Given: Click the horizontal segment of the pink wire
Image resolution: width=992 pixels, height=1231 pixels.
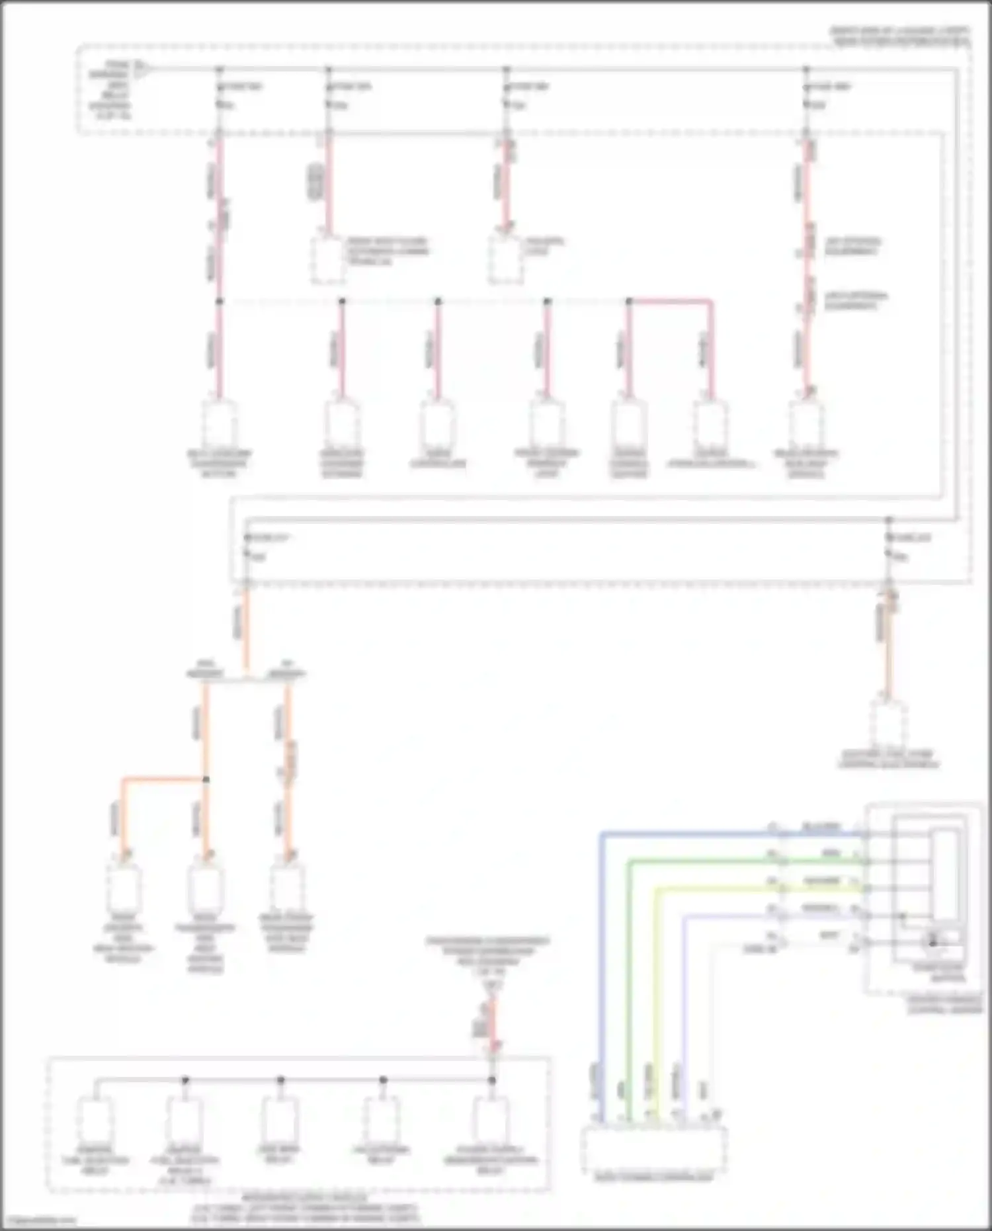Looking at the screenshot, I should (670, 302).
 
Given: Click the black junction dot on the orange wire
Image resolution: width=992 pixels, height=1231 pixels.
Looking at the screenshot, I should (206, 780).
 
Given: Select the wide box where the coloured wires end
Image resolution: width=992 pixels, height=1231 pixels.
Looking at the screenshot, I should (653, 1149).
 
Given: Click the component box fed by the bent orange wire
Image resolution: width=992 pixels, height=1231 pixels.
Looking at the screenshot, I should (124, 887).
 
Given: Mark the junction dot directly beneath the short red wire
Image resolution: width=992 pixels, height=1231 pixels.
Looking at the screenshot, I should (492, 1080).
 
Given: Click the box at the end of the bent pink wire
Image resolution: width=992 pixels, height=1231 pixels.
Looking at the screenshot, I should (711, 424).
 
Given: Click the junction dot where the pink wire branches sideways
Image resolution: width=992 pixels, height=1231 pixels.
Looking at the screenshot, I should (629, 302).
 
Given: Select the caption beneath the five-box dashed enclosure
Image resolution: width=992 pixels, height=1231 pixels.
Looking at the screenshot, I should (304, 1209).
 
